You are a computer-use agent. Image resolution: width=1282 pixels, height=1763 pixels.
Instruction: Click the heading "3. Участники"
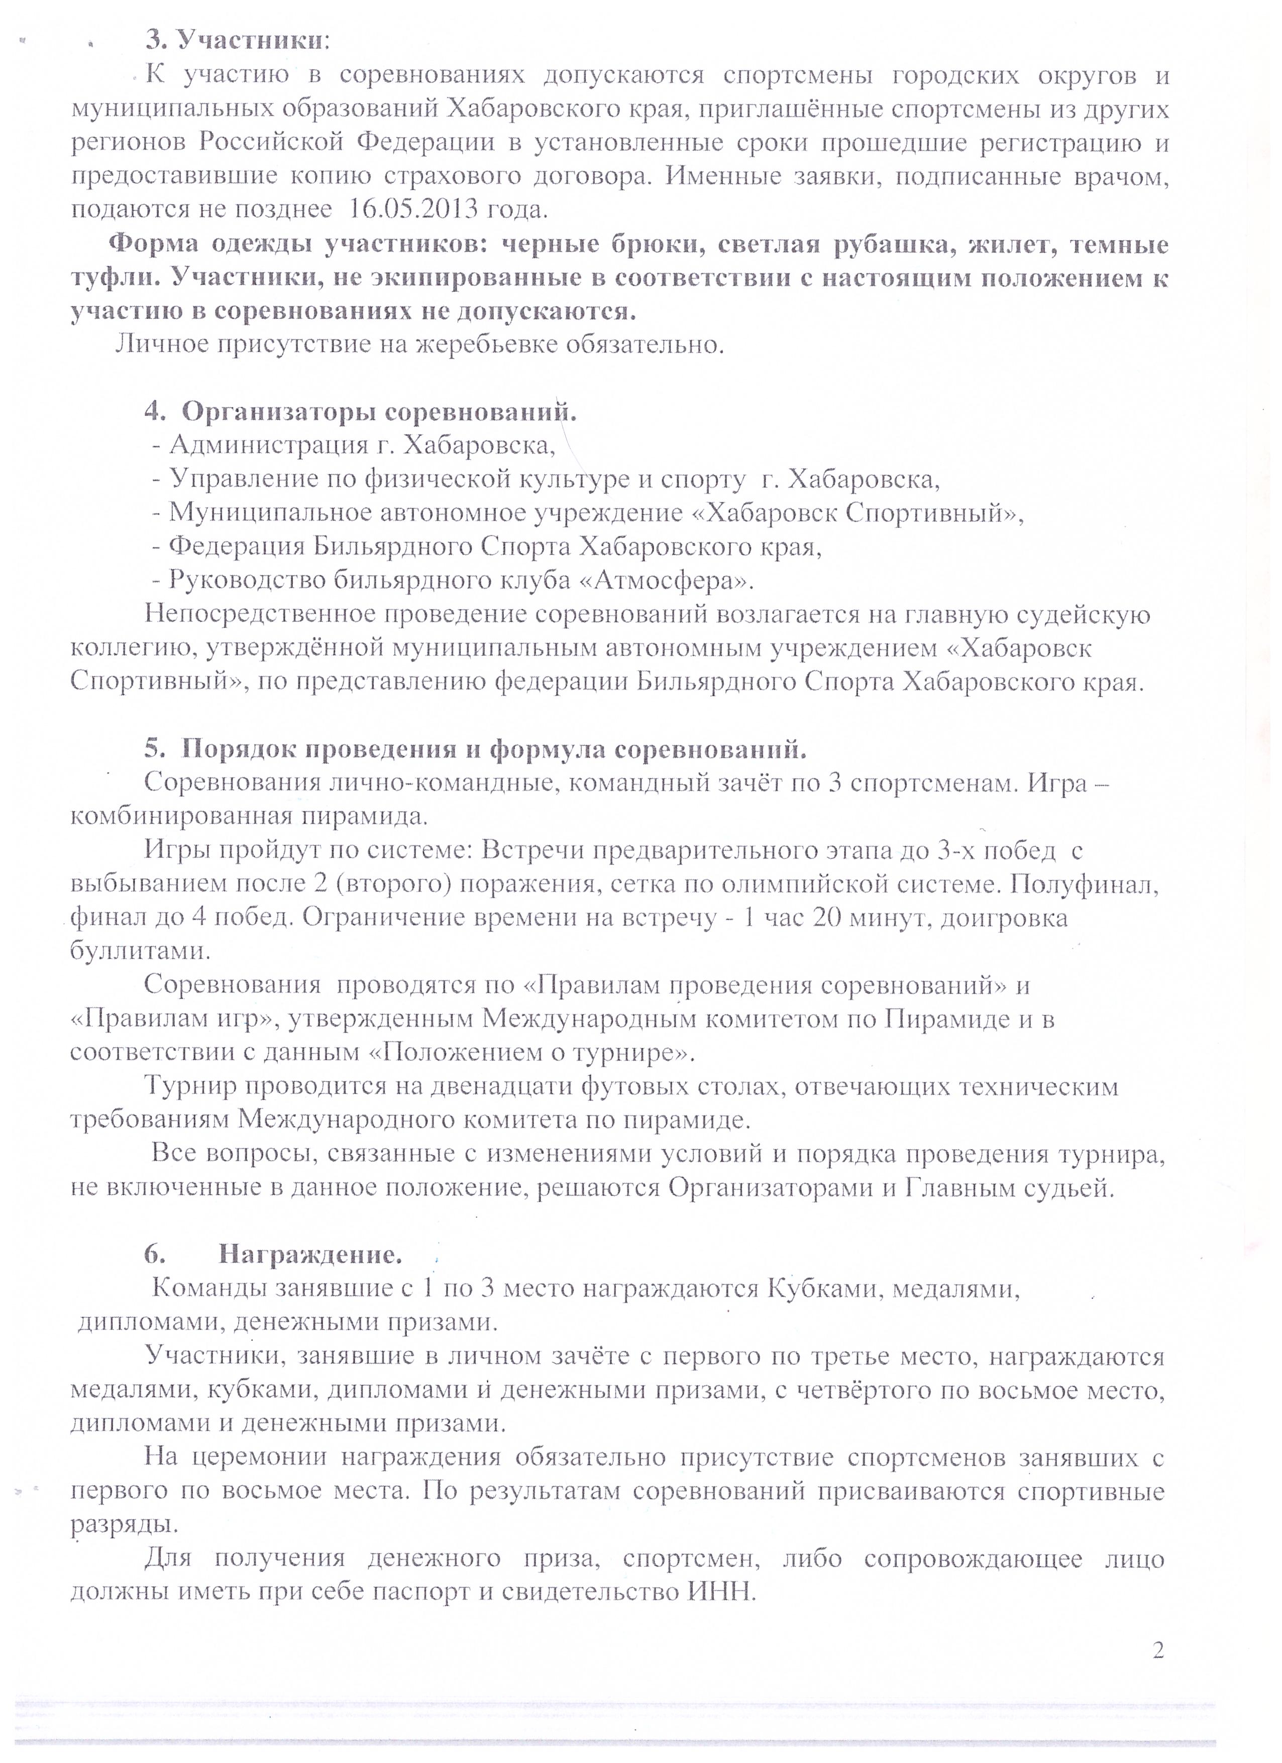pyautogui.click(x=237, y=40)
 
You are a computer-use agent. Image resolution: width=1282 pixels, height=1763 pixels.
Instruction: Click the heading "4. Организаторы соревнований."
pyautogui.click(x=360, y=411)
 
